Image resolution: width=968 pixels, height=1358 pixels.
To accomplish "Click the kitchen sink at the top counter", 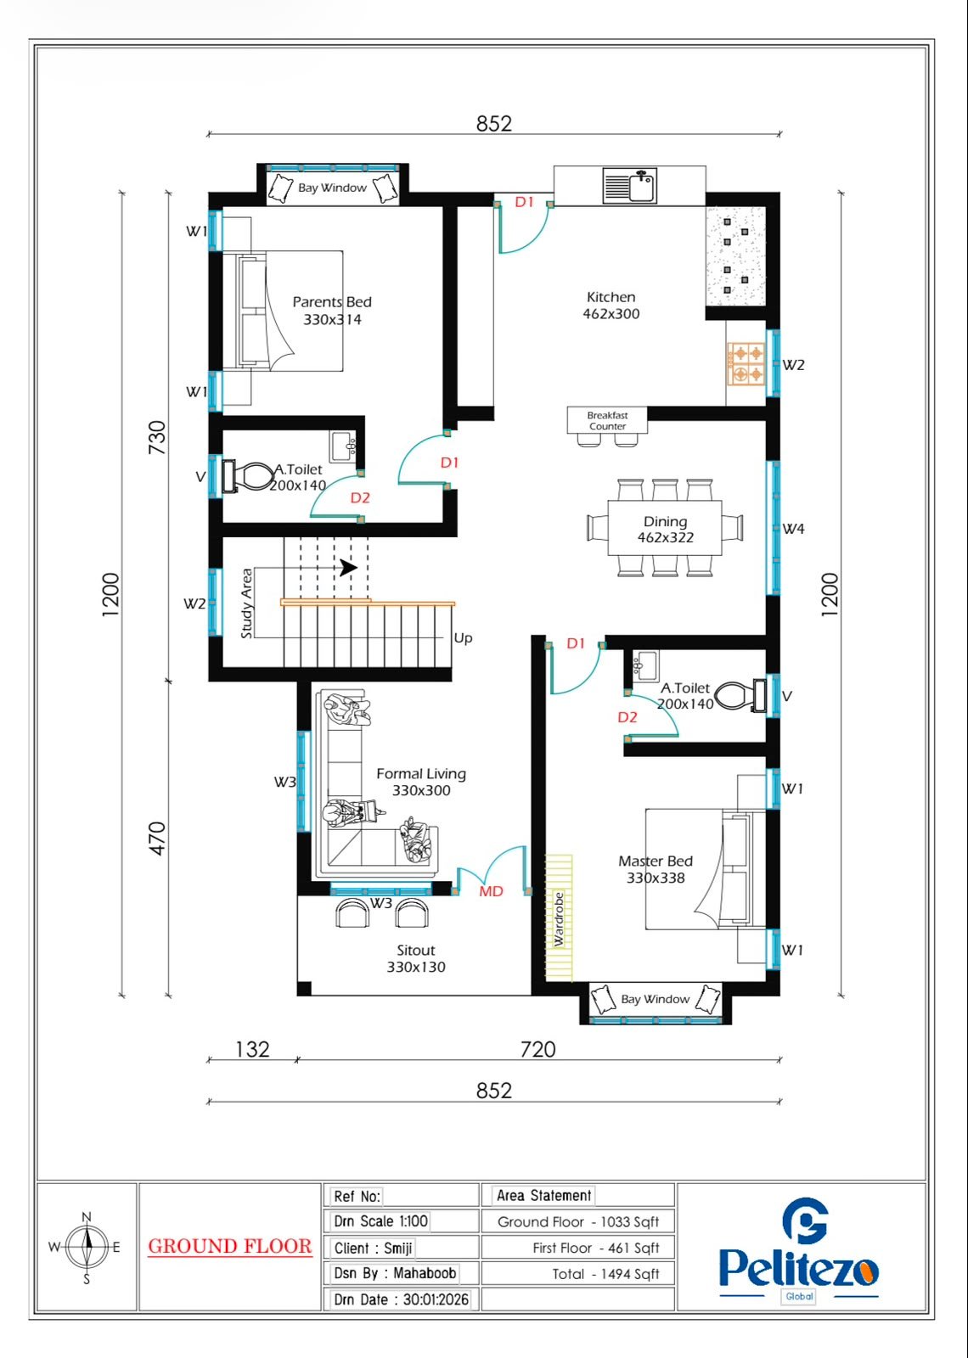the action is (x=629, y=186).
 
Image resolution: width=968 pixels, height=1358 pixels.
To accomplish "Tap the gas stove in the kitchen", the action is (x=746, y=363).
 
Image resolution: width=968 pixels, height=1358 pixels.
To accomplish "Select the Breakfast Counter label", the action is (x=607, y=421).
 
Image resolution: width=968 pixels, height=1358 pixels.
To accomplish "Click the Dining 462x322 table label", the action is (x=666, y=530).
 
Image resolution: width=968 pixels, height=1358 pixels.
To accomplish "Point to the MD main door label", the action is (x=491, y=891).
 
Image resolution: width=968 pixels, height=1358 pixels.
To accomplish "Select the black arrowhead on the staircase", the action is (x=348, y=568).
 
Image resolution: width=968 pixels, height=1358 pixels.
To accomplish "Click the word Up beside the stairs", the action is (x=463, y=637).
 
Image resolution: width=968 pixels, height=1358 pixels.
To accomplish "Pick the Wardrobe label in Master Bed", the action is (x=559, y=919).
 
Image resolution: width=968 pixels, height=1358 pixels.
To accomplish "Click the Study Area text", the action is (x=246, y=603).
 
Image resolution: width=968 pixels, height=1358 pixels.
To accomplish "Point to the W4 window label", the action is (x=793, y=529).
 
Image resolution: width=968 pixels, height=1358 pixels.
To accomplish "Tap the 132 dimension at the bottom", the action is (x=252, y=1049).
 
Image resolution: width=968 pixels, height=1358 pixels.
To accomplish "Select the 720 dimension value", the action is (x=538, y=1049).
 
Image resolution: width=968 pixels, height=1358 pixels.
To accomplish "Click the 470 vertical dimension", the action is (x=156, y=839).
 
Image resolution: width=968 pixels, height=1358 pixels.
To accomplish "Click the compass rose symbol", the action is (x=87, y=1247).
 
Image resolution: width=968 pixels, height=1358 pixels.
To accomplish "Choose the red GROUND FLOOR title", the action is (x=230, y=1246).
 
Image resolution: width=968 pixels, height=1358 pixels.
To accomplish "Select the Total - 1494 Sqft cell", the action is (x=605, y=1274).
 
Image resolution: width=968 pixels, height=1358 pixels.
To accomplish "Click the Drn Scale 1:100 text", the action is (x=381, y=1221).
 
